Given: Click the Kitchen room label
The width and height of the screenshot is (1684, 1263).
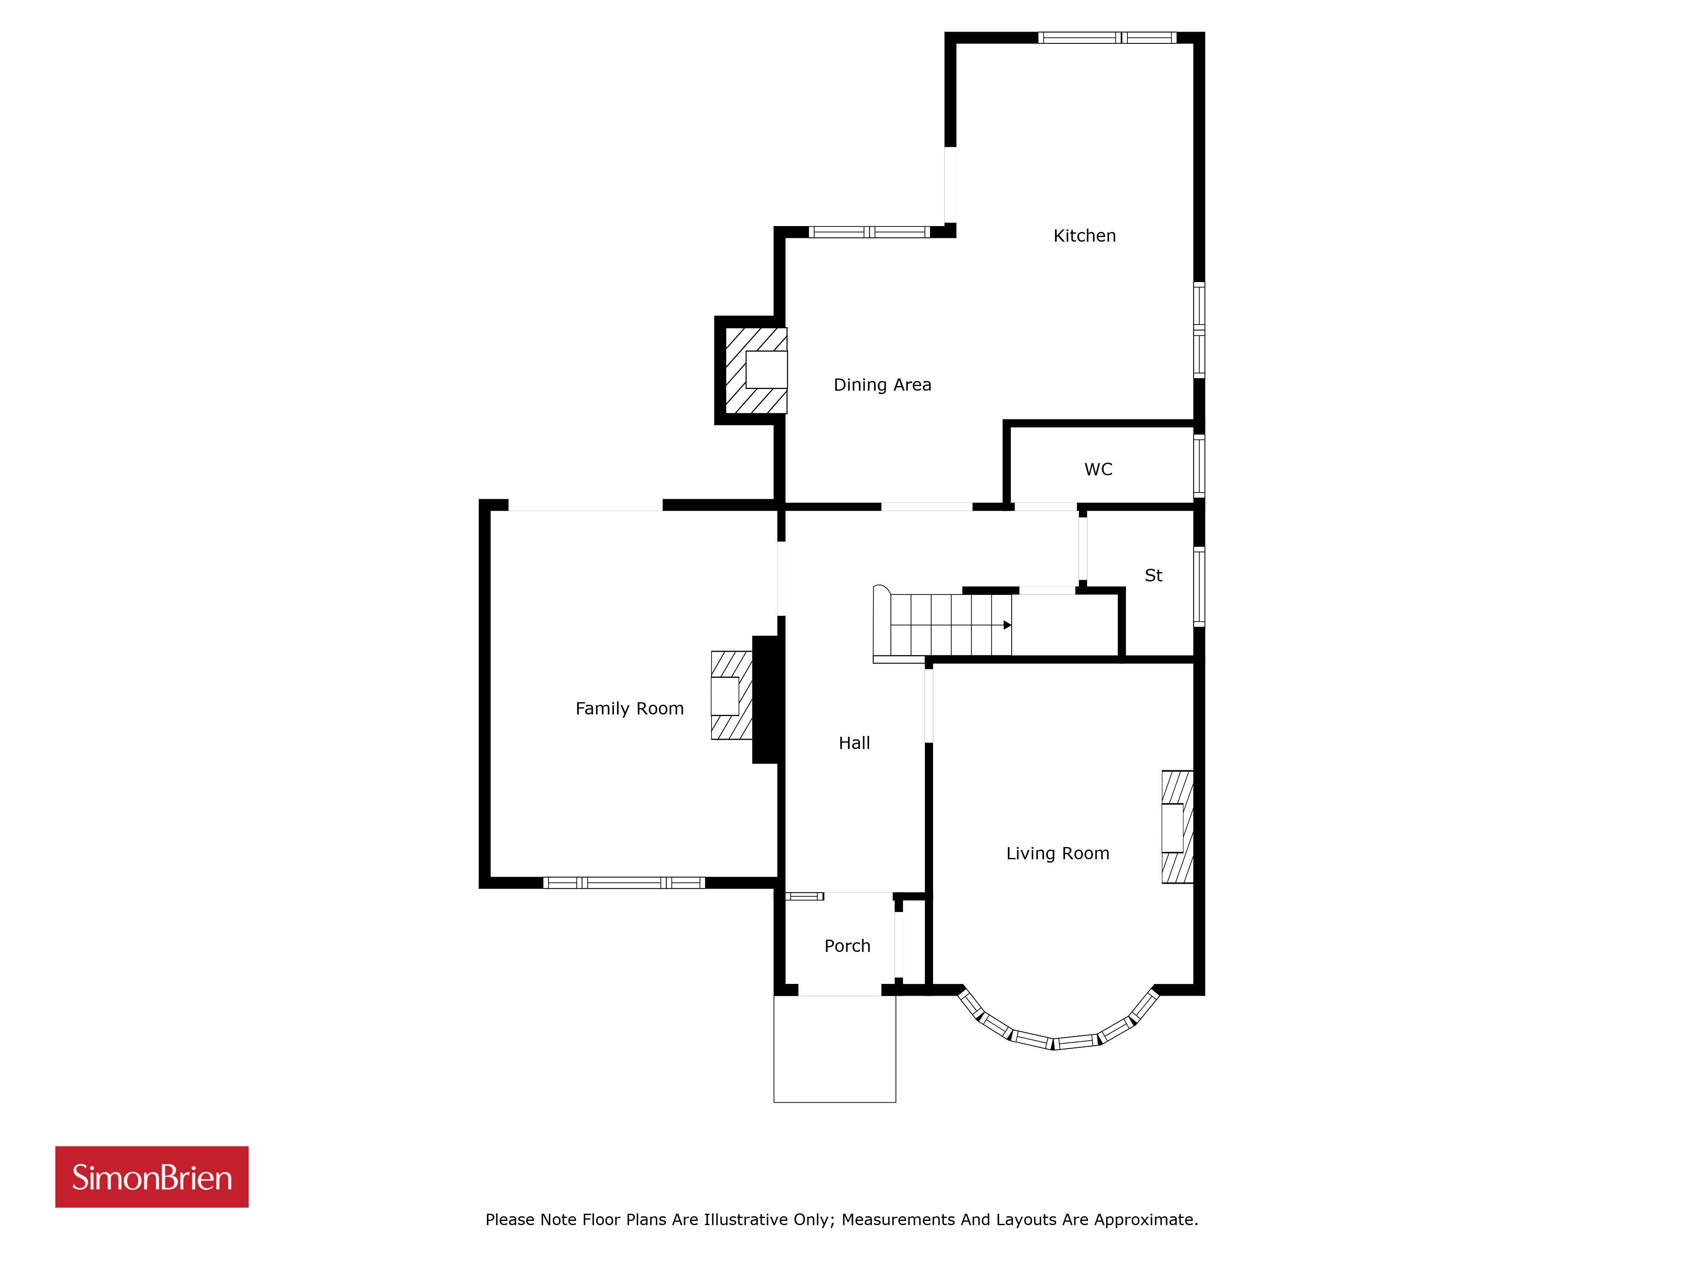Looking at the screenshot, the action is [1084, 236].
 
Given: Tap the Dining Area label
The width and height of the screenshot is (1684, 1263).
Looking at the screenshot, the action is [882, 385].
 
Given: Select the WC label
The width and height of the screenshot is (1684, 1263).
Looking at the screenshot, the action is [1098, 470].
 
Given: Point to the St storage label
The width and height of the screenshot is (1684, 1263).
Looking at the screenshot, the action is [1154, 576].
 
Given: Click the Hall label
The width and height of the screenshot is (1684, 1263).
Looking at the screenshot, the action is [854, 743].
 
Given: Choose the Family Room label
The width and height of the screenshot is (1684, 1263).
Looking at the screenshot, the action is [629, 709].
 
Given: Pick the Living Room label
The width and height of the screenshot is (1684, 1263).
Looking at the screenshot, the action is [1058, 853].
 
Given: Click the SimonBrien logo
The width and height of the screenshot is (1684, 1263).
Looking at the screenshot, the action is [152, 1177].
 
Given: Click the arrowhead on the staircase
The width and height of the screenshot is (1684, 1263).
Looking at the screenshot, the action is [1007, 625].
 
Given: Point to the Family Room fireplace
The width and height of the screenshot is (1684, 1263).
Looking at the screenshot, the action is [732, 695].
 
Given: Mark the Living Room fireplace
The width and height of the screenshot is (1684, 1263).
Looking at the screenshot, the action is [1177, 827].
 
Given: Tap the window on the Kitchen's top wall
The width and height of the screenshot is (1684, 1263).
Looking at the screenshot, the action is [1107, 37].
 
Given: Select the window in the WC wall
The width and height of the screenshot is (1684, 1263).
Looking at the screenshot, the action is [1199, 466].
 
